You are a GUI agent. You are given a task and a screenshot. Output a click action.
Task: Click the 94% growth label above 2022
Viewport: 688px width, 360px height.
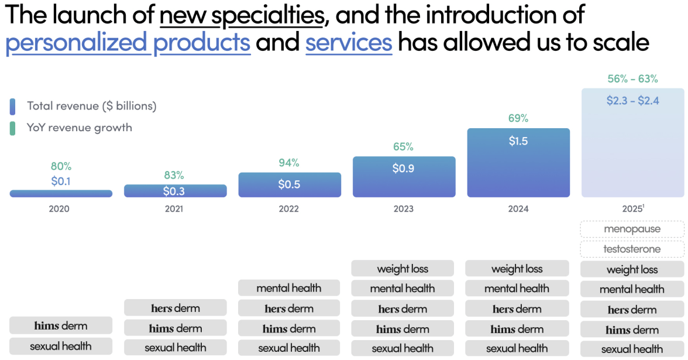point(289,163)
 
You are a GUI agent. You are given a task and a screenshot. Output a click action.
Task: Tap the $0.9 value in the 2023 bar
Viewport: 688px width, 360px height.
point(404,168)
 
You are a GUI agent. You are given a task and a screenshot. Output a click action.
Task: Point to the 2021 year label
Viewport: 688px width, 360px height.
point(174,209)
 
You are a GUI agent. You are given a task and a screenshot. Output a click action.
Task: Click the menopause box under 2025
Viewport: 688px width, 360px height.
point(632,229)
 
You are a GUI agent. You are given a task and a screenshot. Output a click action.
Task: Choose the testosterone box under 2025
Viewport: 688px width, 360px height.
point(632,249)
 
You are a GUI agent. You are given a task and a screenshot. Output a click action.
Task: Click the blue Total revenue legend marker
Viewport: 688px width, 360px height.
point(12,106)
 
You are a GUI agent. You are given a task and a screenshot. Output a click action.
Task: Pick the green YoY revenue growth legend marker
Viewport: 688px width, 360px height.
point(12,128)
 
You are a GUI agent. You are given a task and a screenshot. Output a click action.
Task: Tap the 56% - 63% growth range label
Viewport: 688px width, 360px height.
point(632,79)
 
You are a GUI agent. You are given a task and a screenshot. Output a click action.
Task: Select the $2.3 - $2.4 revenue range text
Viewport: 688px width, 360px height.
point(632,101)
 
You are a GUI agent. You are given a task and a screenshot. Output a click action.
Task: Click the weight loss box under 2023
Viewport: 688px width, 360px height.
point(403,269)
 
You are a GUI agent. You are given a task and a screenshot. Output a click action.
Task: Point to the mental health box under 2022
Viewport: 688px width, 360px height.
point(289,288)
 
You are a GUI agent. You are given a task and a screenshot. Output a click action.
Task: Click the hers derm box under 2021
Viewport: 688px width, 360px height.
point(175,308)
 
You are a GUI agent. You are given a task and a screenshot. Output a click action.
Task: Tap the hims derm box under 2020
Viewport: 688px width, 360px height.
point(61,325)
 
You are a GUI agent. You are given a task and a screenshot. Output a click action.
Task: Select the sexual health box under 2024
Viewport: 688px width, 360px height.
point(517,348)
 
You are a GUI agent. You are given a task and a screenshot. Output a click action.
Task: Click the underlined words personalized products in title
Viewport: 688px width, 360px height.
point(128,43)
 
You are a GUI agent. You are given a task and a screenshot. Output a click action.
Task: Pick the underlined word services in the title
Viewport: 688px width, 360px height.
point(349,43)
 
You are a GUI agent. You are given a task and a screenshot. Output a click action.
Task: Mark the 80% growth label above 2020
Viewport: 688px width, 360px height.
point(61,166)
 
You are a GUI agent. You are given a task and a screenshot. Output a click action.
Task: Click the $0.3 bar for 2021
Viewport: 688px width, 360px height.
point(175,191)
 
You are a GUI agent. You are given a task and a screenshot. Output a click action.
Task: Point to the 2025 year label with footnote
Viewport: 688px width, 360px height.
point(632,209)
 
